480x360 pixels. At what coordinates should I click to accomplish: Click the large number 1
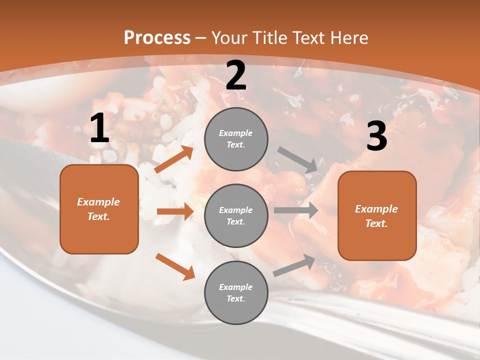[x=99, y=129]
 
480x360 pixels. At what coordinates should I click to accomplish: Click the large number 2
[x=236, y=76]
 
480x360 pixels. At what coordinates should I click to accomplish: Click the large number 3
[x=376, y=136]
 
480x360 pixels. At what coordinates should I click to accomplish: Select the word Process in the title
[x=157, y=37]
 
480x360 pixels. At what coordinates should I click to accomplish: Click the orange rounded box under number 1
[x=99, y=209]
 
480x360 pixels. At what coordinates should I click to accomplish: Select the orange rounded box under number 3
[x=377, y=215]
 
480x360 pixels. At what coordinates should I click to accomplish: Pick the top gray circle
[x=236, y=139]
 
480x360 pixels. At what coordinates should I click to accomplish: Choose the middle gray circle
[x=236, y=215]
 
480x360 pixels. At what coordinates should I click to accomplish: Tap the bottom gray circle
[x=236, y=292]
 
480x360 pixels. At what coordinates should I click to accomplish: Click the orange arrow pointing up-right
[x=174, y=159]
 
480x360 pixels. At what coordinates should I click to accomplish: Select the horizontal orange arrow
[x=175, y=211]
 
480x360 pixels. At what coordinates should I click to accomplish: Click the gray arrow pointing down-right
[x=297, y=160]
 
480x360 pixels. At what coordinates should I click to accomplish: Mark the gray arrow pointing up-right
[x=294, y=265]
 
